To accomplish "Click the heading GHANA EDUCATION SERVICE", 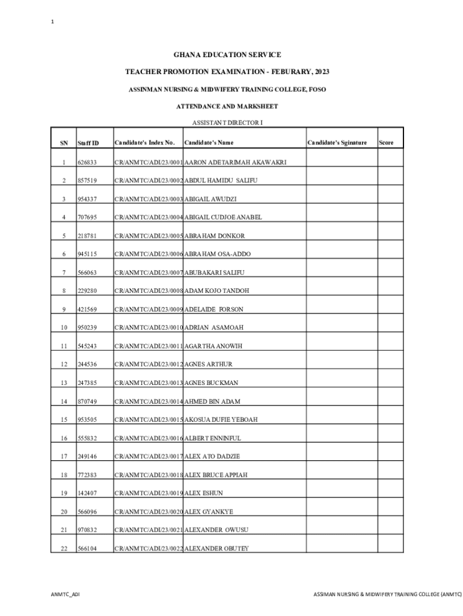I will coord(227,55).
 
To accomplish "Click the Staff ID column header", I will coord(88,143).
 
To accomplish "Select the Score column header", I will coord(386,143).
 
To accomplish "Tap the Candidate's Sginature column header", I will coord(337,143).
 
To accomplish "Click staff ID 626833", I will coord(87,162).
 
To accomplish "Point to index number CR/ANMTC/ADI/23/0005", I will coord(148,236).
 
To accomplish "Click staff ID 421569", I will coord(87,309).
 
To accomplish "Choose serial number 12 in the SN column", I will coord(64,365).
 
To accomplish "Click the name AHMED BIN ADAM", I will coord(212,401).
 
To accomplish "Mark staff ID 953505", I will coord(87,419).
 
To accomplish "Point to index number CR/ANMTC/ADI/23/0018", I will coord(148,475).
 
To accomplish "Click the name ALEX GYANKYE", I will coord(209,511).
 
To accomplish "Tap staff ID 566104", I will coord(87,549).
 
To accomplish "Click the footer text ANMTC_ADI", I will coord(65,594).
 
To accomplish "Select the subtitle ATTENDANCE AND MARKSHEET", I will coord(227,106).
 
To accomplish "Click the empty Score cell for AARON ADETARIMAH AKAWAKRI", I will coord(390,162).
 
